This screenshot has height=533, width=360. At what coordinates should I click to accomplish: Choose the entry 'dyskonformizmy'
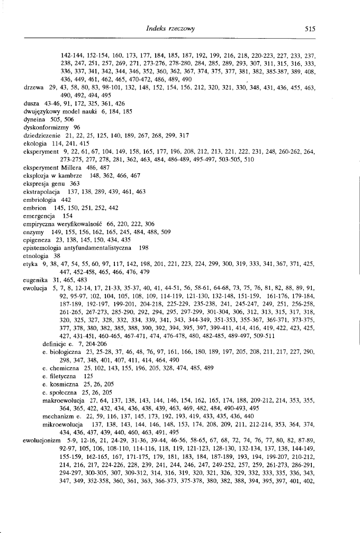pos(39,128)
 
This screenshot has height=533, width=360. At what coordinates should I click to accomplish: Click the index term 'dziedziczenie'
pos(35,136)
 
